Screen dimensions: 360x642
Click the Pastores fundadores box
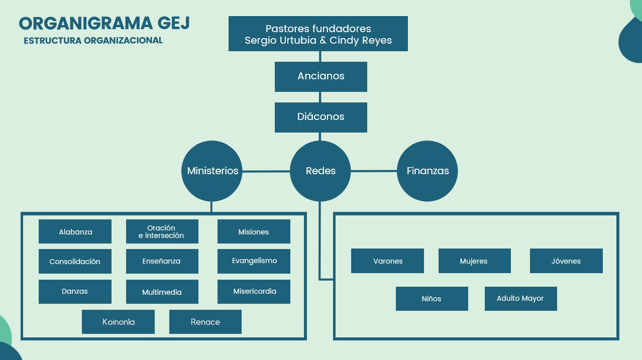(318, 34)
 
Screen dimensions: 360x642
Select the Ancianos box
(320, 76)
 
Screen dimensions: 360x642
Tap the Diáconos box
(320, 117)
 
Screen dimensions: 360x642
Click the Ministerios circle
(212, 171)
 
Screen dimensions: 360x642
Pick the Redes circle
(320, 171)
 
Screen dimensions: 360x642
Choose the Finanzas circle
(427, 171)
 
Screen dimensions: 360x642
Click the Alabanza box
(75, 231)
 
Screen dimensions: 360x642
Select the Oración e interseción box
(162, 231)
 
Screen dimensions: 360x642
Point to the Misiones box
(254, 231)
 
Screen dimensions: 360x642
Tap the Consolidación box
(75, 262)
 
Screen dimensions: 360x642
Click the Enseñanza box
(162, 262)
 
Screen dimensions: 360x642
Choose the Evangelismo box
(254, 261)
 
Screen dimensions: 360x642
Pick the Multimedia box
(162, 292)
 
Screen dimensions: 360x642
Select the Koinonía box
(118, 322)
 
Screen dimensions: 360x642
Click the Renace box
(205, 322)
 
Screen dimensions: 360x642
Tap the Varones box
(387, 261)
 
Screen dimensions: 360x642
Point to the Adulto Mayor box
(520, 299)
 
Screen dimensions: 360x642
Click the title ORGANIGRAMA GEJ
(104, 24)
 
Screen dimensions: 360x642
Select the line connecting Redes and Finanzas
(374, 171)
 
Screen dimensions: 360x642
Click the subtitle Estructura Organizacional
(93, 41)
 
